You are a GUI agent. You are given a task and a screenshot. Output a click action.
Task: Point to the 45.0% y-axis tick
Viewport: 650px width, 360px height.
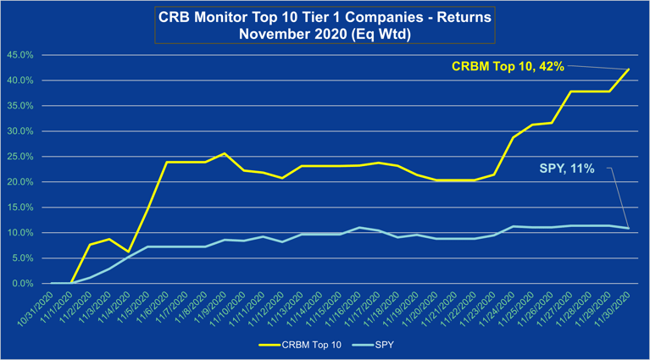click(20, 55)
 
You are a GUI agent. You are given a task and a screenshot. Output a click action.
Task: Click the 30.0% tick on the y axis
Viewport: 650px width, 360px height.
click(20, 131)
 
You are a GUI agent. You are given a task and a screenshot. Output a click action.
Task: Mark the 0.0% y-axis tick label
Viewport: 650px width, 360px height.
click(23, 284)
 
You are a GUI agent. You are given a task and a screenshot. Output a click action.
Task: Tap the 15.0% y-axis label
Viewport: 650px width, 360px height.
click(20, 208)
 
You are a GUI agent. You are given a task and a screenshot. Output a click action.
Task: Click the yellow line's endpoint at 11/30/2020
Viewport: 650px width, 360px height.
click(628, 69)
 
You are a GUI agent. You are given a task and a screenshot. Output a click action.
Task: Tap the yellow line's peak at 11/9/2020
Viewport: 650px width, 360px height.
click(224, 153)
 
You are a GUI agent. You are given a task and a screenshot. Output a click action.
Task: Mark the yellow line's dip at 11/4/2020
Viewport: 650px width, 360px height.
click(128, 252)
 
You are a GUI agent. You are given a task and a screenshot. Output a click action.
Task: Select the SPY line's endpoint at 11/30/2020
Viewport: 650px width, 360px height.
click(628, 228)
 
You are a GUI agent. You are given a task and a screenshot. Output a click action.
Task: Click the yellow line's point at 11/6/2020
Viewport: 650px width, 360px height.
click(166, 162)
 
